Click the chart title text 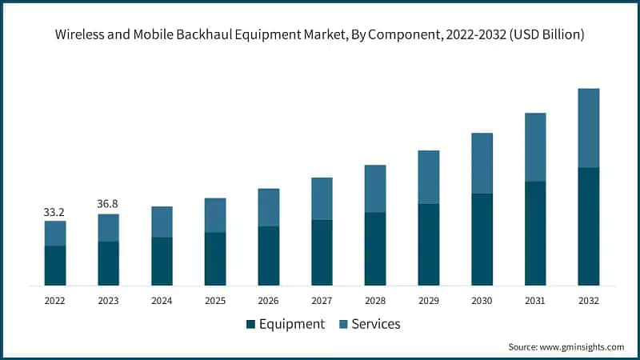[x=320, y=34]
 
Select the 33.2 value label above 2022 [x=54, y=213]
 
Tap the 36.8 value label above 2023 [x=108, y=205]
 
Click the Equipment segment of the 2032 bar [x=588, y=226]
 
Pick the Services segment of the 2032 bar [x=588, y=128]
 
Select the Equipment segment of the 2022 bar [x=54, y=266]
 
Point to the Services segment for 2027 [x=322, y=198]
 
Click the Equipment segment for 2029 [x=428, y=245]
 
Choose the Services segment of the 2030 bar [x=482, y=163]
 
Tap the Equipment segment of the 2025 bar [x=215, y=259]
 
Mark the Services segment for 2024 [x=162, y=222]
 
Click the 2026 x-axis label [x=268, y=301]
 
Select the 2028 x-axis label [x=375, y=301]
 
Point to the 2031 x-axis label [x=535, y=301]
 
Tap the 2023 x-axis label [x=108, y=301]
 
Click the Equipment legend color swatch [x=250, y=324]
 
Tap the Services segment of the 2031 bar [x=535, y=147]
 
